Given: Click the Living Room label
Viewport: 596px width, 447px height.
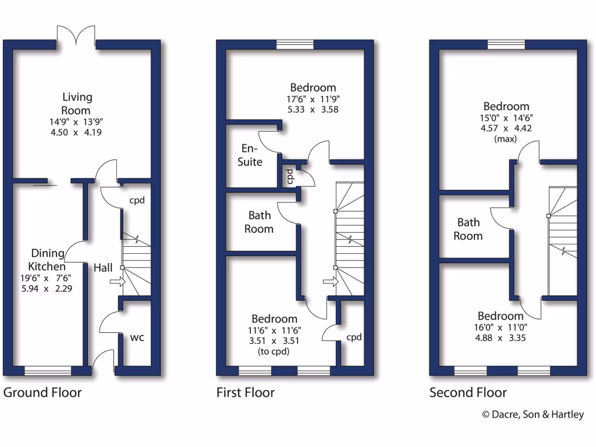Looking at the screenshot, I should point(77,104).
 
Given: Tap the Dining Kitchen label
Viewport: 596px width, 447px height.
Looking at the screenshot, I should point(48,260).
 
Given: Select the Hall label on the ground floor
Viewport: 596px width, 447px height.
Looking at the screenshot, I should point(104,268).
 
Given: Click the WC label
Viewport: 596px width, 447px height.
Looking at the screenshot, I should point(137,338).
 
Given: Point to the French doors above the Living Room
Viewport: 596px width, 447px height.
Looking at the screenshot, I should point(76,36).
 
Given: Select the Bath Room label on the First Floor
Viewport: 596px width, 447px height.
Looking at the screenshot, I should point(259,222).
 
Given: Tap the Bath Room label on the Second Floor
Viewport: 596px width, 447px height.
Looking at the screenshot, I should point(469,229).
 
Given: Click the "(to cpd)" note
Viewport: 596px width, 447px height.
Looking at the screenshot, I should point(274,352).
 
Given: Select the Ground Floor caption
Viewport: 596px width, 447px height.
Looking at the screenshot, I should point(42,392).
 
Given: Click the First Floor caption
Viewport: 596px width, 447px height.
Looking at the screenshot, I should point(246,392).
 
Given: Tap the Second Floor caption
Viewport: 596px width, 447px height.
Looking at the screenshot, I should point(468,392).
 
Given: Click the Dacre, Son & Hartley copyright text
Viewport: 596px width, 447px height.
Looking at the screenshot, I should point(533,414).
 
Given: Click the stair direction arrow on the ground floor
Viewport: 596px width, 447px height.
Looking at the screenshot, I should point(117,282).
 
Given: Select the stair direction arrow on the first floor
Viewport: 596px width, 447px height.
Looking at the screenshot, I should point(330,282).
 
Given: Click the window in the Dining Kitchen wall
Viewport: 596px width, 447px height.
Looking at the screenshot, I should point(48,371).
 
